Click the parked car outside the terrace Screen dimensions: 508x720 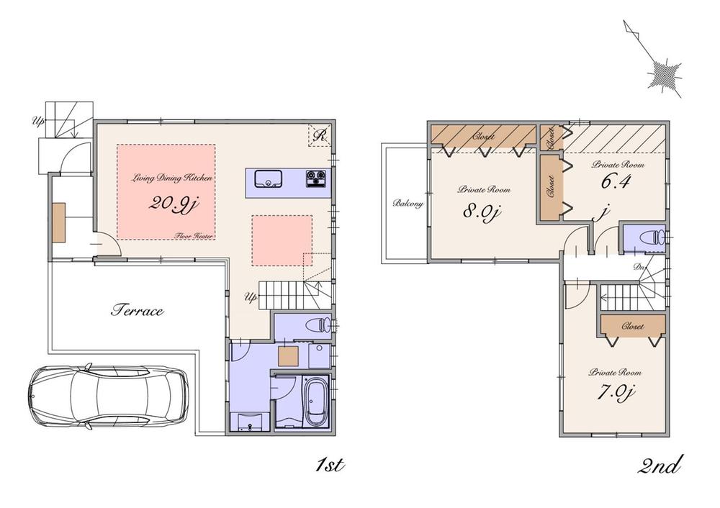tap(109, 396)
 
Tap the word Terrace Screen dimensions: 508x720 tap(137, 311)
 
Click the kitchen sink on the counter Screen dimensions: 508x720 tap(269, 178)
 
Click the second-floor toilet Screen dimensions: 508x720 tap(652, 237)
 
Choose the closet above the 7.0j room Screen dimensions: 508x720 tap(631, 326)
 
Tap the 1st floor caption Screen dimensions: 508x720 tap(330, 466)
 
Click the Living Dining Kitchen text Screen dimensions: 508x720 tap(165, 177)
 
